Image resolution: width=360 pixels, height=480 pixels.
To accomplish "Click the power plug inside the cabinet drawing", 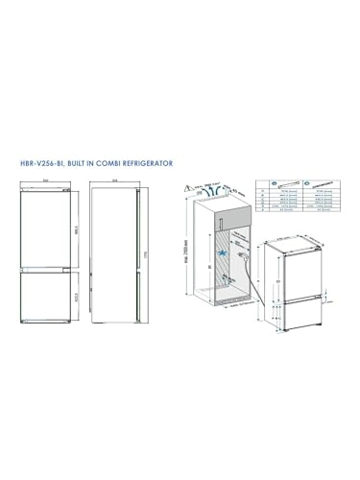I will pos(247,256).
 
